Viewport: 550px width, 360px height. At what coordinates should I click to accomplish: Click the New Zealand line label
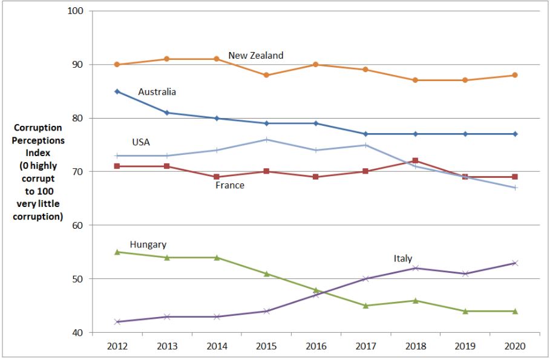[x=255, y=56]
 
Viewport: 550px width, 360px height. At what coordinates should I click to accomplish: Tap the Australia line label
[x=157, y=92]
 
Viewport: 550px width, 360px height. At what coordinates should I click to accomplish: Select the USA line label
[x=141, y=142]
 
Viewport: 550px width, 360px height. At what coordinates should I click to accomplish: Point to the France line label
[x=230, y=185]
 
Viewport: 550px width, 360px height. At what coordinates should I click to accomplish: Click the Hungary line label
[x=148, y=244]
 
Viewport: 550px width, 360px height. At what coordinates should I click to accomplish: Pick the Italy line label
[x=403, y=258]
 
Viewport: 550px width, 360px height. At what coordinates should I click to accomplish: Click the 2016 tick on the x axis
[x=315, y=347]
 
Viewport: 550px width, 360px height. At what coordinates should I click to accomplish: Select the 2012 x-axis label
[x=117, y=347]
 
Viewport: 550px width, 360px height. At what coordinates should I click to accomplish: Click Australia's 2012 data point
[x=117, y=91]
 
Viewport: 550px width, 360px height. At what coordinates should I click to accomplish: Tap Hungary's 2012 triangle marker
[x=117, y=252]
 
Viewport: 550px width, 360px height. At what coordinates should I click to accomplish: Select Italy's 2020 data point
[x=514, y=263]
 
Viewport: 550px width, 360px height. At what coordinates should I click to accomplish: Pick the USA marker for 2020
[x=514, y=188]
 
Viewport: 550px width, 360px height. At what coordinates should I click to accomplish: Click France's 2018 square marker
[x=415, y=161]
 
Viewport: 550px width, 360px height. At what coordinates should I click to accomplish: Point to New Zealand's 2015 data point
[x=266, y=75]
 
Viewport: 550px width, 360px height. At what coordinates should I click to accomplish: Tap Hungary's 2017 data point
[x=365, y=306]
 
